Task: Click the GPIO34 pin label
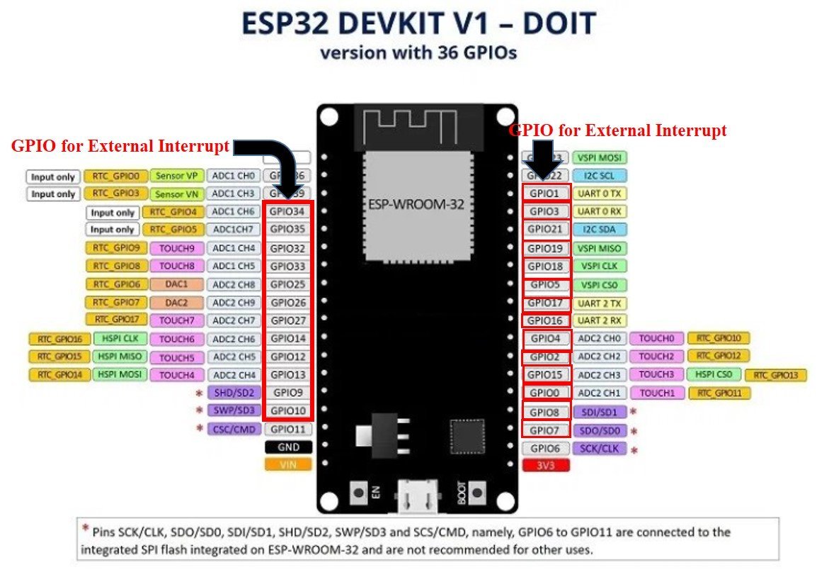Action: tap(287, 211)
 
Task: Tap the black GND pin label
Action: tap(288, 447)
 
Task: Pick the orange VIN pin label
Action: tap(288, 465)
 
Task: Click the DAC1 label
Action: tap(176, 284)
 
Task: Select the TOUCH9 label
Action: tap(176, 248)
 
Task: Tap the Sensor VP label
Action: tap(177, 175)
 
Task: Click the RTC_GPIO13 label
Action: tap(776, 375)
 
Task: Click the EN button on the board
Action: tap(359, 491)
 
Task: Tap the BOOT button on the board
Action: tap(476, 491)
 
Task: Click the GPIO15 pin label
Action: tap(545, 374)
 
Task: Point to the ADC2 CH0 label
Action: tap(600, 339)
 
